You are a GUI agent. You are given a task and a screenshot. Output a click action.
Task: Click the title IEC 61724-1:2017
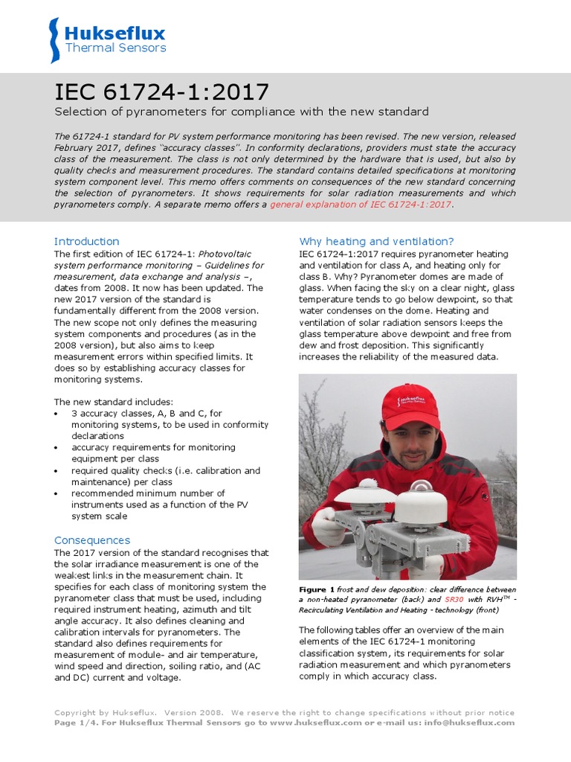click(x=162, y=92)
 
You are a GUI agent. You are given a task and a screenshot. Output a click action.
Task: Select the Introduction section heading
click(x=86, y=241)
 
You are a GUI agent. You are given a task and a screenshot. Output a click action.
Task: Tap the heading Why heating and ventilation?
click(x=376, y=241)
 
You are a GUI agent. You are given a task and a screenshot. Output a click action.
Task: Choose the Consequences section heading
click(x=91, y=540)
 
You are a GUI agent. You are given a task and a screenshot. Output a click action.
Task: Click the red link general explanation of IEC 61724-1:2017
click(x=361, y=204)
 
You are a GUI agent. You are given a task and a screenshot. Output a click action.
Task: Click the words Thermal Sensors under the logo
click(x=115, y=48)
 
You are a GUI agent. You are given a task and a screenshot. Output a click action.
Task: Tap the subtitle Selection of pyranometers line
click(x=242, y=112)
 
